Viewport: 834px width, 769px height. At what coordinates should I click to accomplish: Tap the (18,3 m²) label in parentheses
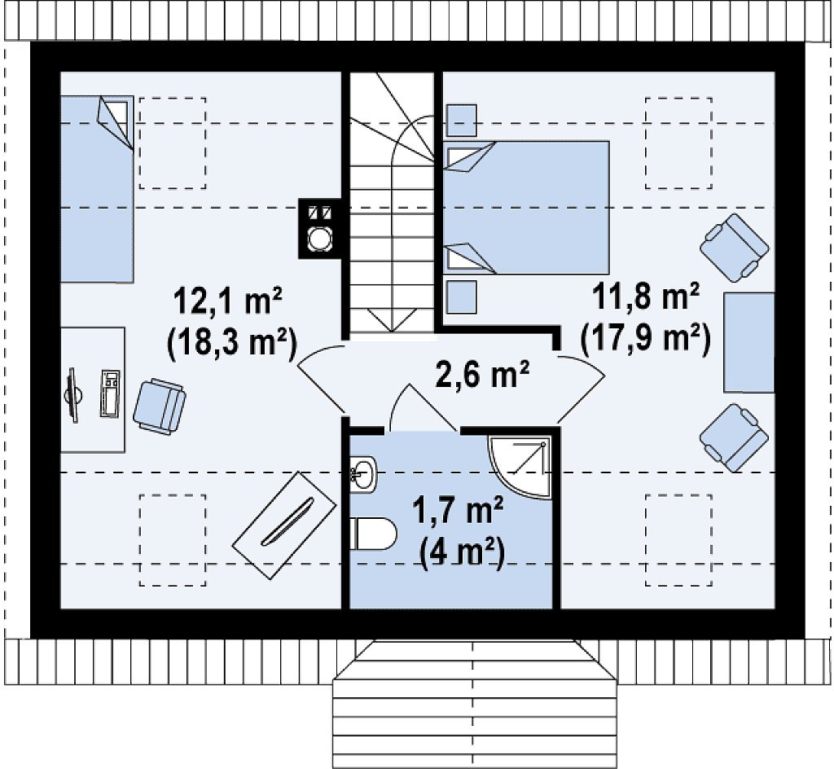coord(231,344)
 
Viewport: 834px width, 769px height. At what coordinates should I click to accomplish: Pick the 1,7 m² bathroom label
coord(458,514)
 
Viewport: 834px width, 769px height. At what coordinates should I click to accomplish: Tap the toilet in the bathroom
coord(373,534)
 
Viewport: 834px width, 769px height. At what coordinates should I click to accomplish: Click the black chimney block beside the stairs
coord(318,229)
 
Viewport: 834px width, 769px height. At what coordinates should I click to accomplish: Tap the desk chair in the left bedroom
coord(160,405)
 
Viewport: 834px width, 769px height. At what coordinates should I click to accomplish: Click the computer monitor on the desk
coord(73,395)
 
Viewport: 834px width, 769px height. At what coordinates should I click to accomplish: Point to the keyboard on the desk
coord(110,393)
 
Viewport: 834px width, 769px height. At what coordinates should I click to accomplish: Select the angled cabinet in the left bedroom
coord(284,525)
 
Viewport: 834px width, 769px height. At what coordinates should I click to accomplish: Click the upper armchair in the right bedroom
coord(735,248)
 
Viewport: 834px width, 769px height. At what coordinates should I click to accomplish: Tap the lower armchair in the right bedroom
coord(735,437)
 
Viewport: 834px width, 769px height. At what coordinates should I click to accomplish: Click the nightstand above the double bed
coord(461,121)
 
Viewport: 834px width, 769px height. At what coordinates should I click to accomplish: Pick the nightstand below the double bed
coord(461,297)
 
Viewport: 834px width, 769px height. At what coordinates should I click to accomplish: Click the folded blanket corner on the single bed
coord(115,121)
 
